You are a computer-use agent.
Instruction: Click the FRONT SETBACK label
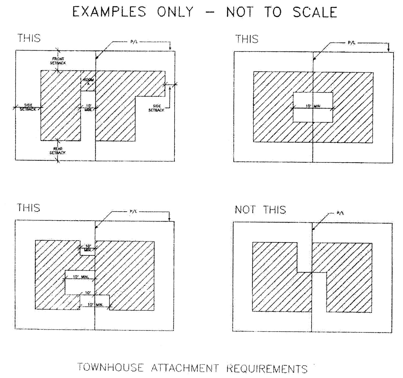point(58,61)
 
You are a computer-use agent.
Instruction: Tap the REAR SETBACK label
point(57,151)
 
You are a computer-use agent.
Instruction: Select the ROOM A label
point(88,82)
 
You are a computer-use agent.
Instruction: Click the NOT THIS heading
point(260,210)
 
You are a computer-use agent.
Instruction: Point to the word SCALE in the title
point(315,12)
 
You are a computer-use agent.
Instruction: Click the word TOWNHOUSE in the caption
point(111,367)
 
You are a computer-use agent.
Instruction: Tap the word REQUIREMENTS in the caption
point(267,369)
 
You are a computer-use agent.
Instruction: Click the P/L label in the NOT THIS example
point(340,213)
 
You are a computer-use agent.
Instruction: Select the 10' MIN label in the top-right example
point(313,106)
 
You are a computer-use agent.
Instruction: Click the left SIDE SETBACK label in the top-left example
point(28,107)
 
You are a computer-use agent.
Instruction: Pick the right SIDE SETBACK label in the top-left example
point(156,108)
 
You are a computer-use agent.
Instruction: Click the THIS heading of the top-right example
point(247,39)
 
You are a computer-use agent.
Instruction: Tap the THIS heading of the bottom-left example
point(28,208)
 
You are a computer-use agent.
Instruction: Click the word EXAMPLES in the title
point(109,12)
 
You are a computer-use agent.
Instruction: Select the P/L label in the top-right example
point(351,43)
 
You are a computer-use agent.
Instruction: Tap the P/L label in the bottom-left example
point(133,211)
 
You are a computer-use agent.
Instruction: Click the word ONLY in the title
point(175,12)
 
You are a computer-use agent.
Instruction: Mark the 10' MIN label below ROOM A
point(88,108)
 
